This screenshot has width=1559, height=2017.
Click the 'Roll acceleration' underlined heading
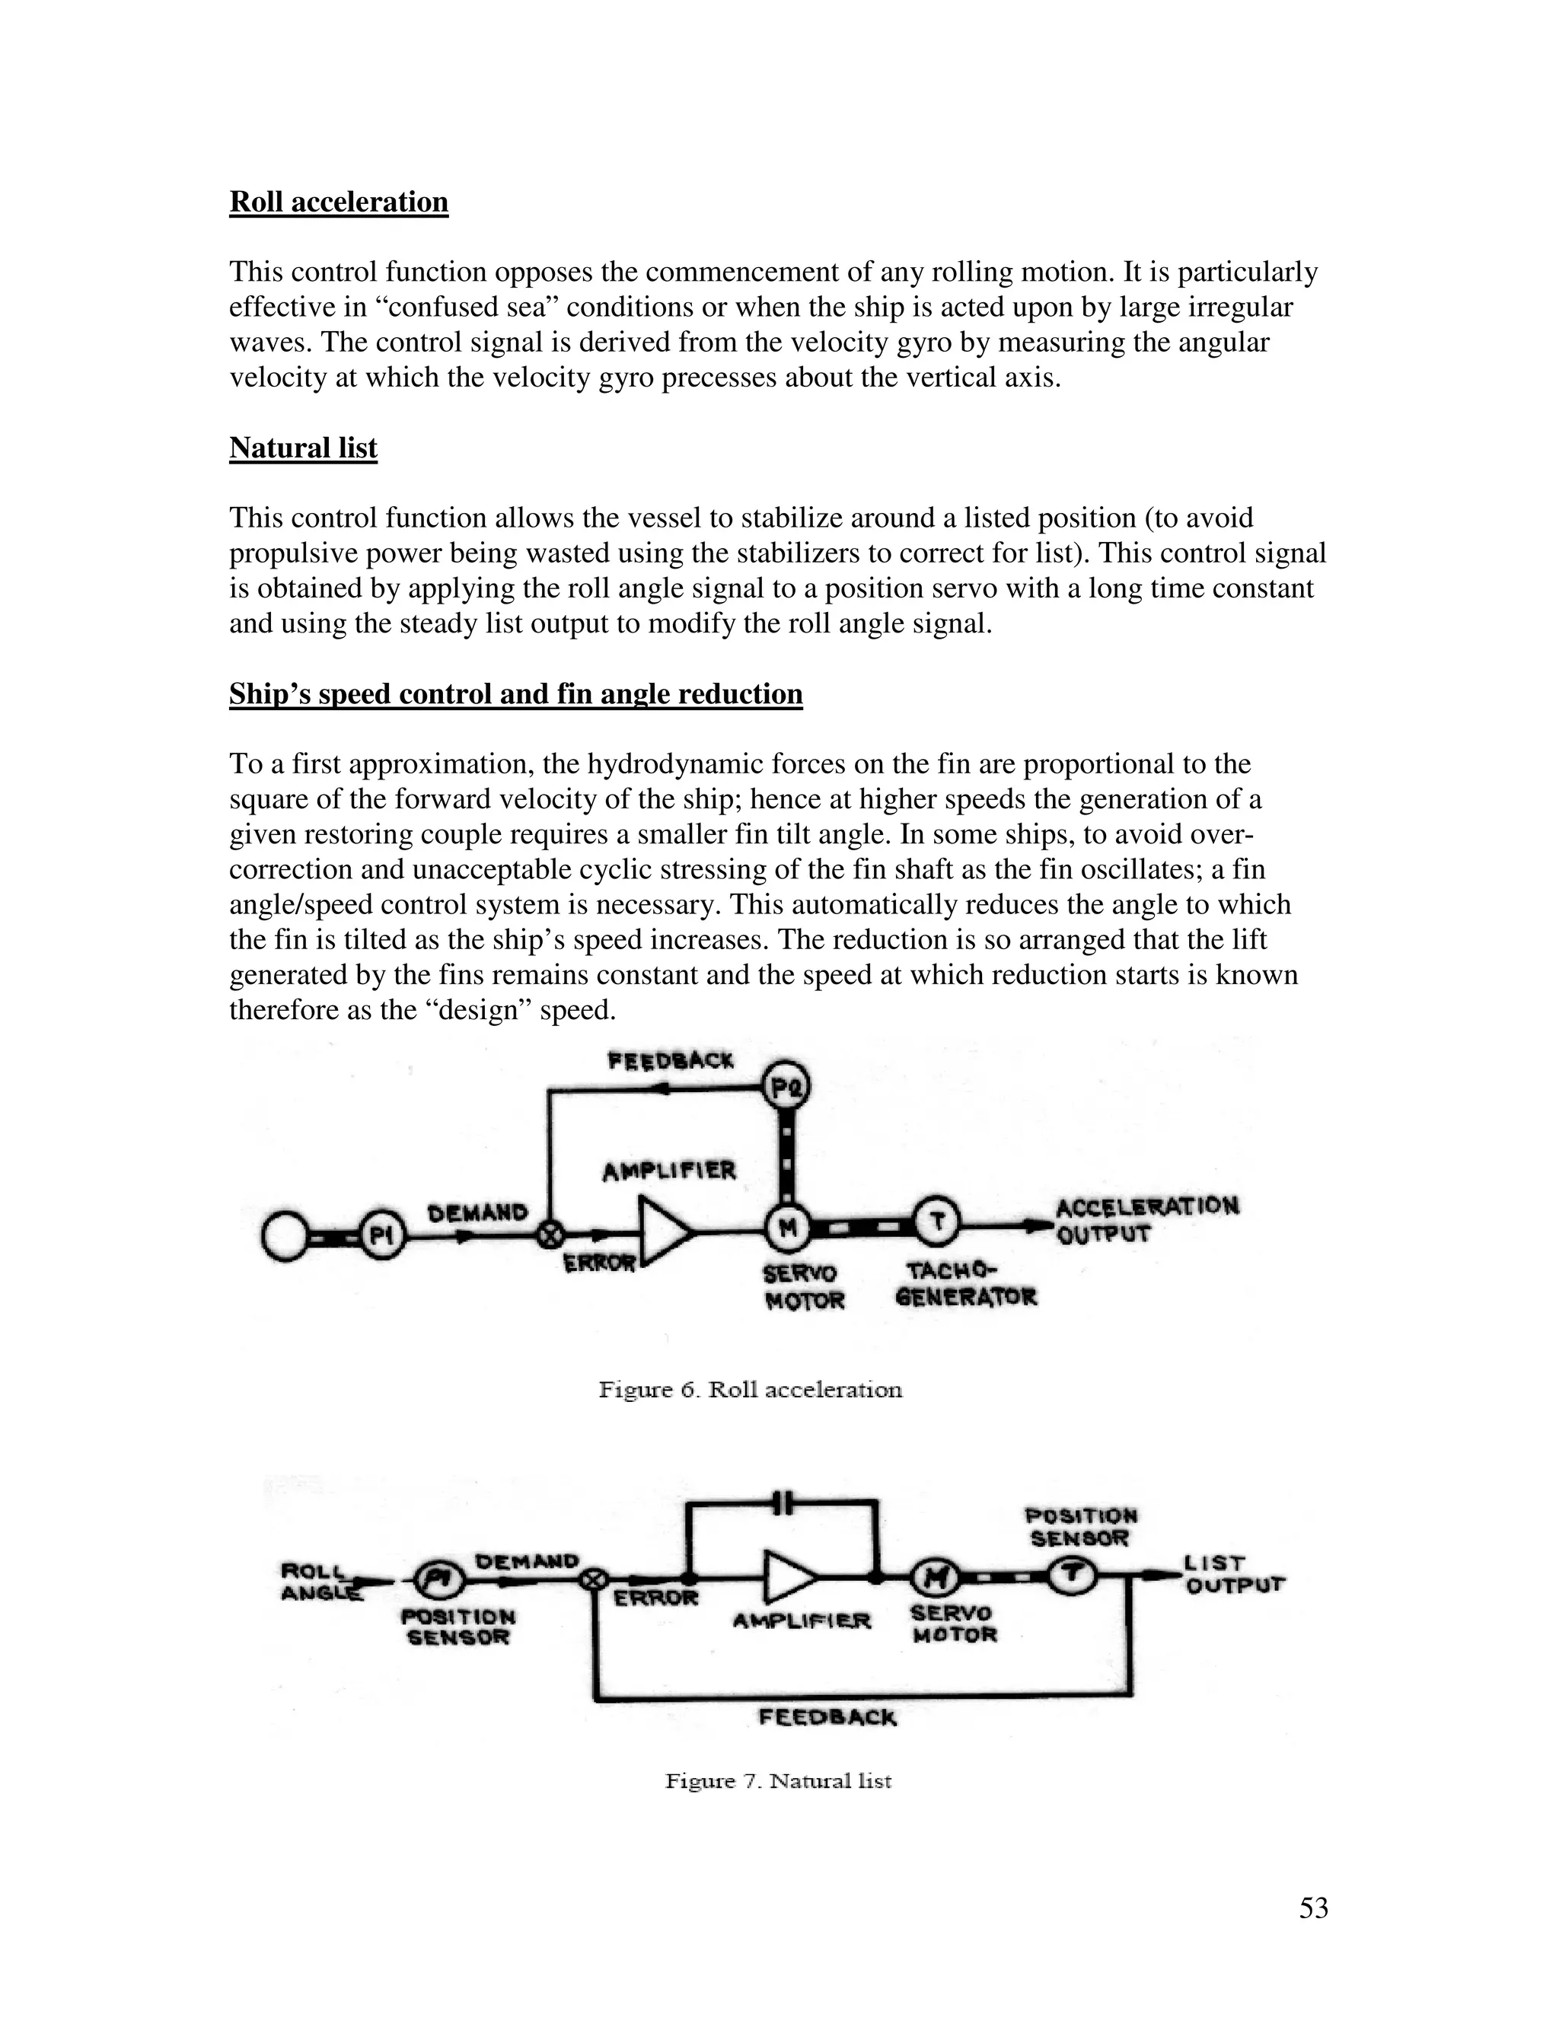[338, 202]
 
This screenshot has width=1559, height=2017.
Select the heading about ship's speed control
[515, 693]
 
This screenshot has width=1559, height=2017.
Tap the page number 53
[1313, 1907]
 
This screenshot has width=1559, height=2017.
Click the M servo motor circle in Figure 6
[788, 1228]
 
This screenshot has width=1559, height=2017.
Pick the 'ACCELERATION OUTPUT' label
[1147, 1220]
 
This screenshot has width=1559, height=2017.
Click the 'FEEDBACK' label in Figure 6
[671, 1061]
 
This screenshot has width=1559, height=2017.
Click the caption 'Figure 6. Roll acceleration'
[750, 1390]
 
